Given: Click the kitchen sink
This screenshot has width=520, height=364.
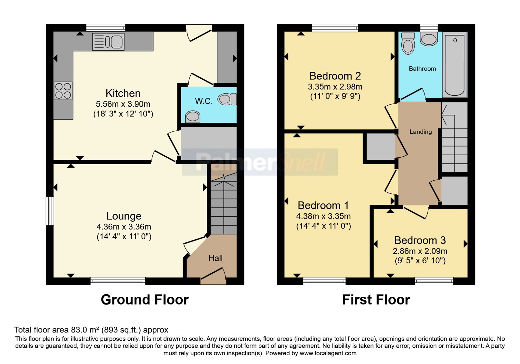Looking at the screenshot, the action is [x=108, y=42].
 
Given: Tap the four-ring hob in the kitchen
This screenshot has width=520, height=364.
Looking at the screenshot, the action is [x=63, y=91].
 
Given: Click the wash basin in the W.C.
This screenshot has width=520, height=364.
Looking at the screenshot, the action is [x=192, y=117].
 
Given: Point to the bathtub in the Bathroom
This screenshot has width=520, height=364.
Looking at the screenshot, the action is [x=455, y=65].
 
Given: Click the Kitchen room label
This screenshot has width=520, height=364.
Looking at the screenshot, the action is [x=123, y=93].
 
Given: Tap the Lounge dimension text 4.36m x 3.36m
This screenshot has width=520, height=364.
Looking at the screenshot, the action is [x=124, y=227].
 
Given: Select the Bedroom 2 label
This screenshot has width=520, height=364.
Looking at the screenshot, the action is [x=335, y=76].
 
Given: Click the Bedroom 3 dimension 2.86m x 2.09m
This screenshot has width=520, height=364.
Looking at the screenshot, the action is [x=420, y=251].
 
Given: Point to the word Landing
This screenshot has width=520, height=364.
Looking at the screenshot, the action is [x=421, y=132].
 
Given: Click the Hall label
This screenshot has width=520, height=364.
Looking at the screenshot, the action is [x=215, y=258].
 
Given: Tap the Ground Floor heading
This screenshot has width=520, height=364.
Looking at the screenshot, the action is [x=145, y=300].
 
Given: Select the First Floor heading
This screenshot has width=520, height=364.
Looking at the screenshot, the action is [x=376, y=300].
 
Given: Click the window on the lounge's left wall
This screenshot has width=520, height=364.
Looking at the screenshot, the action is [x=50, y=211].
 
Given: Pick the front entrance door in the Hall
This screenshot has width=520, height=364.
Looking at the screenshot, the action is [x=213, y=276].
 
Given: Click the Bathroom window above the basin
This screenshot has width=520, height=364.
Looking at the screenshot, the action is [x=429, y=28].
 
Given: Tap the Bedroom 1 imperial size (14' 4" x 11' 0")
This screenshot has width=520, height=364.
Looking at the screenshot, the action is [x=323, y=226].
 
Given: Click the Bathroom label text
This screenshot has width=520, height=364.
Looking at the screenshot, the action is [x=422, y=69].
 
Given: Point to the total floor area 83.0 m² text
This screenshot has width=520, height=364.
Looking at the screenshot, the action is [x=91, y=330].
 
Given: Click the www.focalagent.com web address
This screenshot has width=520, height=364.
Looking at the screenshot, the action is [x=328, y=353].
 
